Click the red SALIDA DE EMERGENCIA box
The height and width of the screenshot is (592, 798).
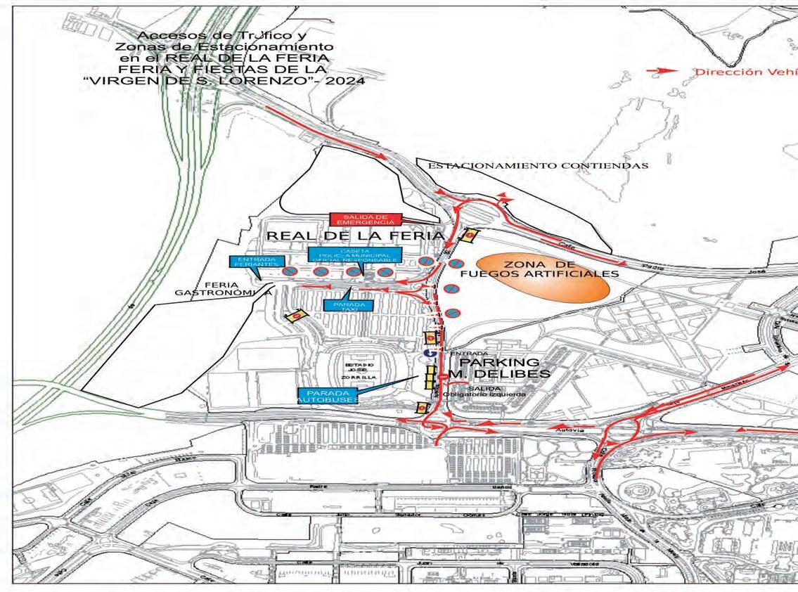[364, 219]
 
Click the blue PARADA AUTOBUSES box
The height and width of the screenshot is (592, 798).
[328, 395]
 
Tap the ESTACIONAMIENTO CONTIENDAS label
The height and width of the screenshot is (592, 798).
[538, 166]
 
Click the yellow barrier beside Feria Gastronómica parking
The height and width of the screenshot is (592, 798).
[296, 317]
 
